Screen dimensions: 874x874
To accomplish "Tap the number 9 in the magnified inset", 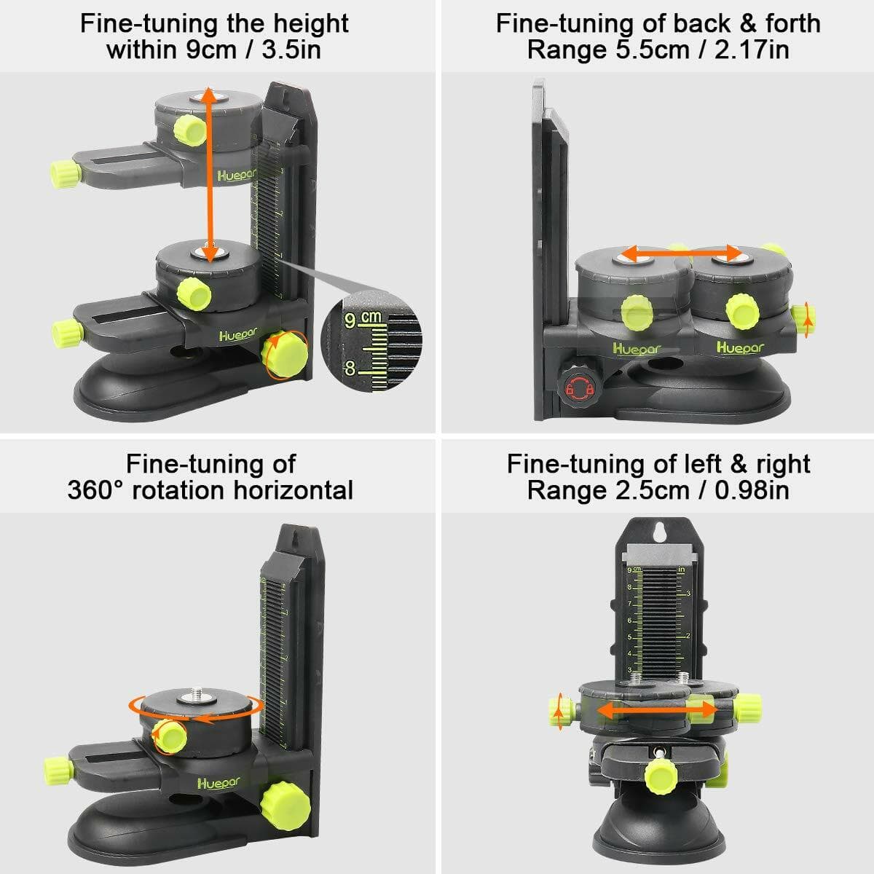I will pyautogui.click(x=350, y=320).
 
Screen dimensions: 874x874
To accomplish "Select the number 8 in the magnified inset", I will pyautogui.click(x=350, y=369).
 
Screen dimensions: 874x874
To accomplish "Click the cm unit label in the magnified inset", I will pyautogui.click(x=371, y=317).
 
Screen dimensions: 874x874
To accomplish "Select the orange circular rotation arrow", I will pyautogui.click(x=195, y=707).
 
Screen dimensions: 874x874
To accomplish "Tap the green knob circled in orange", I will pyautogui.click(x=286, y=354).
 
